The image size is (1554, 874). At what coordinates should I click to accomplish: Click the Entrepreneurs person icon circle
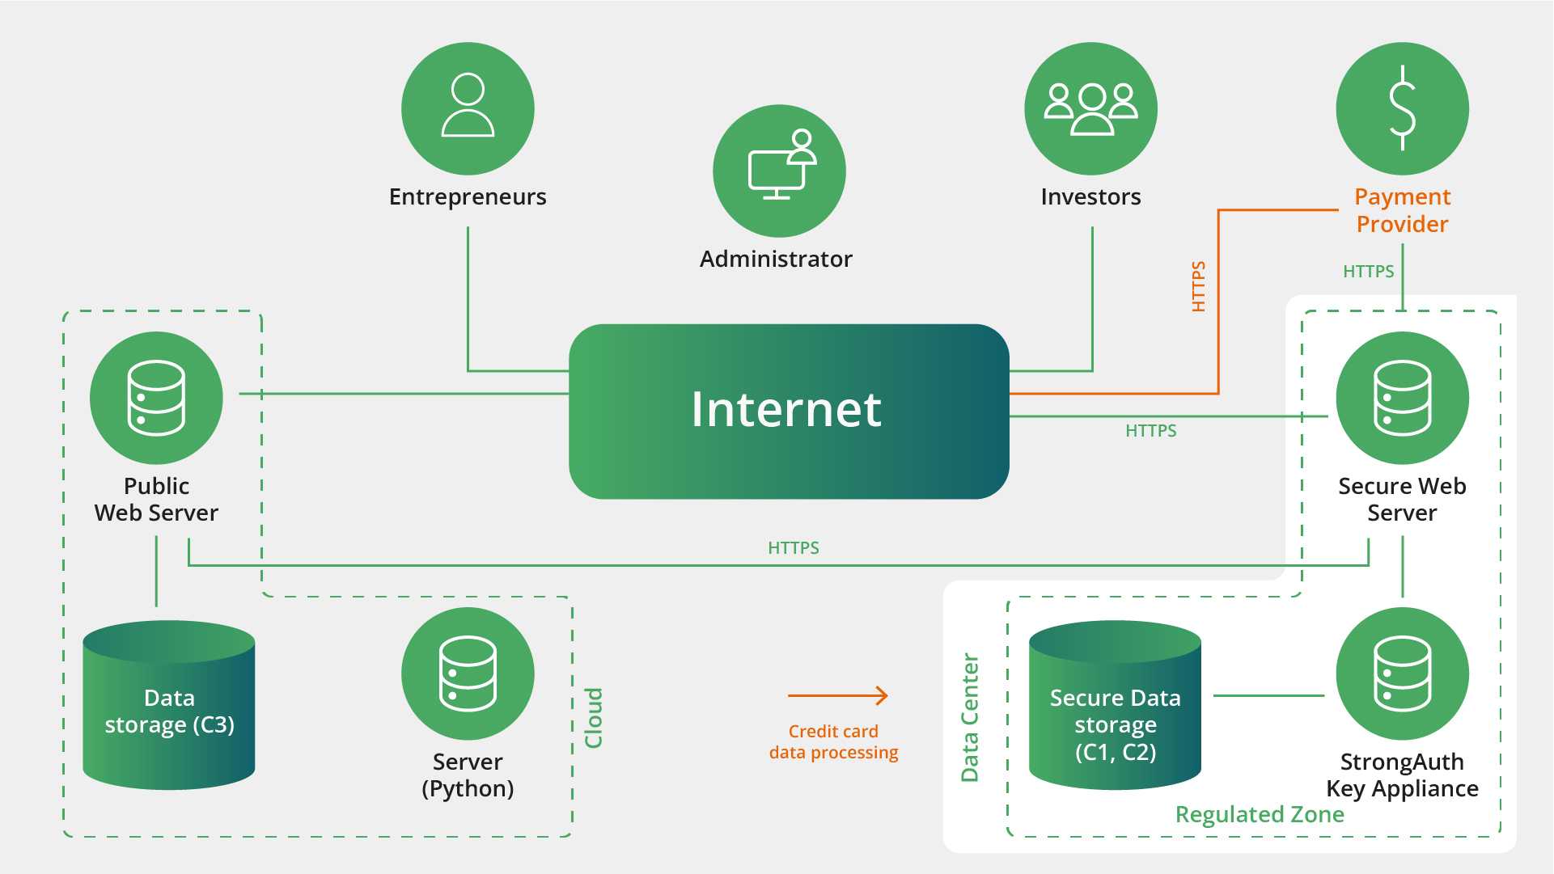tap(468, 108)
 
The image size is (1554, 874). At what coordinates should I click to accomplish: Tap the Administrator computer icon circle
tap(779, 171)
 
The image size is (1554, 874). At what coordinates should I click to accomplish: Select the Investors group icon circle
tap(1090, 108)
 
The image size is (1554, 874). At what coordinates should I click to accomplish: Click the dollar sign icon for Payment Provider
tap(1402, 108)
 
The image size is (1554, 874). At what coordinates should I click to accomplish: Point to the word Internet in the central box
tap(785, 409)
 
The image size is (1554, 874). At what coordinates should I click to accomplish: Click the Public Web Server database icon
tap(156, 398)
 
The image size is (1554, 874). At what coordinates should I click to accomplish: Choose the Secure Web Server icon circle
tap(1402, 398)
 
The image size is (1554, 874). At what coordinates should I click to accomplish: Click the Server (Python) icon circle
tap(468, 673)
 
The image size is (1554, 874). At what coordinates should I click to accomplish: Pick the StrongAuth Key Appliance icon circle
tap(1402, 673)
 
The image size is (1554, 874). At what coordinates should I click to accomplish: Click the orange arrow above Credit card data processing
tap(838, 695)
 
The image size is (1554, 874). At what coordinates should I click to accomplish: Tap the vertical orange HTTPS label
tap(1198, 286)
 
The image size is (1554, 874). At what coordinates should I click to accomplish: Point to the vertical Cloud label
tap(594, 718)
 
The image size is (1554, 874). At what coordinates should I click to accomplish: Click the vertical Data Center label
tap(969, 718)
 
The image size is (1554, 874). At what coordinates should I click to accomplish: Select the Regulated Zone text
tap(1259, 814)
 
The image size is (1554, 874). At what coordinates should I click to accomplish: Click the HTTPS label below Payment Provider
tap(1368, 272)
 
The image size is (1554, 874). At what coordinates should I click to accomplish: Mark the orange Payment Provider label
tap(1402, 210)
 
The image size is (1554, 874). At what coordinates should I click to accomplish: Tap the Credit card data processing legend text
tap(833, 741)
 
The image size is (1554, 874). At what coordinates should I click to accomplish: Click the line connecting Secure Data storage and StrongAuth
tap(1268, 695)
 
